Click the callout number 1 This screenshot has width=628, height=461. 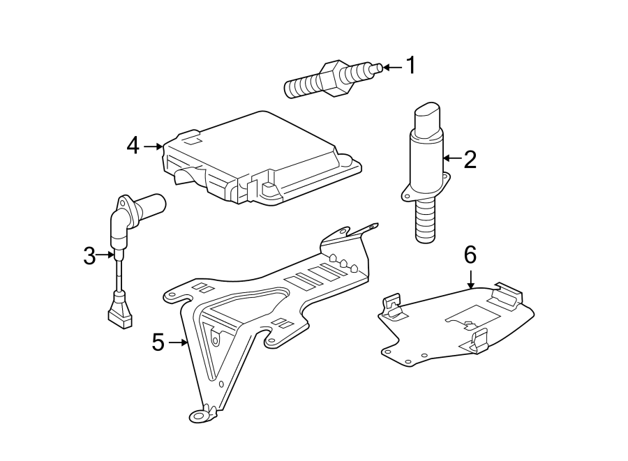point(411,66)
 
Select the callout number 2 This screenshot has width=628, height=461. point(470,159)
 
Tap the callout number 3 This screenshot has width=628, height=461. point(89,256)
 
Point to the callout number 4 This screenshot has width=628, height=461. point(133,146)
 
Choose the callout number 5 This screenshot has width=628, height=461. point(158,342)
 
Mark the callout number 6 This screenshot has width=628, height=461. point(470,255)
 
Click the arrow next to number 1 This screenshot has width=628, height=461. point(392,67)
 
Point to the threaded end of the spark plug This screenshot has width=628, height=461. point(301,87)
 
